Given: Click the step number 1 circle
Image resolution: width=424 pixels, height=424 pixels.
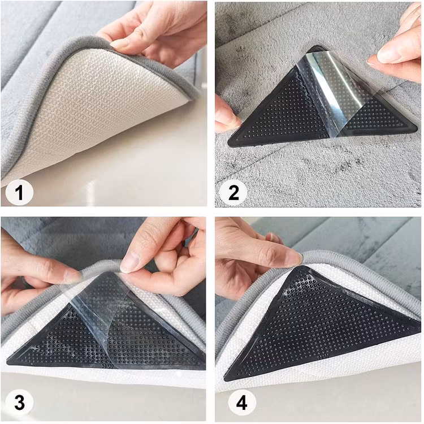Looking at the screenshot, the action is tap(19, 193).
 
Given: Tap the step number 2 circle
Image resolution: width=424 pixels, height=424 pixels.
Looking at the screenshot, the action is tap(233, 193).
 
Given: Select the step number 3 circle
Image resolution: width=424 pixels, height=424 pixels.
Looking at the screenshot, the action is tap(19, 403).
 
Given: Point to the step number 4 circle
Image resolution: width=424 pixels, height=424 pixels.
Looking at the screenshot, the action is tap(241, 403).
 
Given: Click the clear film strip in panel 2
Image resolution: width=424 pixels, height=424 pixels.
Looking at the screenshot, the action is tap(332, 92).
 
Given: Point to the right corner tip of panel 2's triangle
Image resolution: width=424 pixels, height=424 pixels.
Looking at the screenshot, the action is tap(417, 127).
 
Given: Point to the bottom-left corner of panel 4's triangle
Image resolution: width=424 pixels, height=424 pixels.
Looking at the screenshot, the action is tap(226, 379).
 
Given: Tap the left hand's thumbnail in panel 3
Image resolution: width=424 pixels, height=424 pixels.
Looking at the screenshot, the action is tap(73, 276).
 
